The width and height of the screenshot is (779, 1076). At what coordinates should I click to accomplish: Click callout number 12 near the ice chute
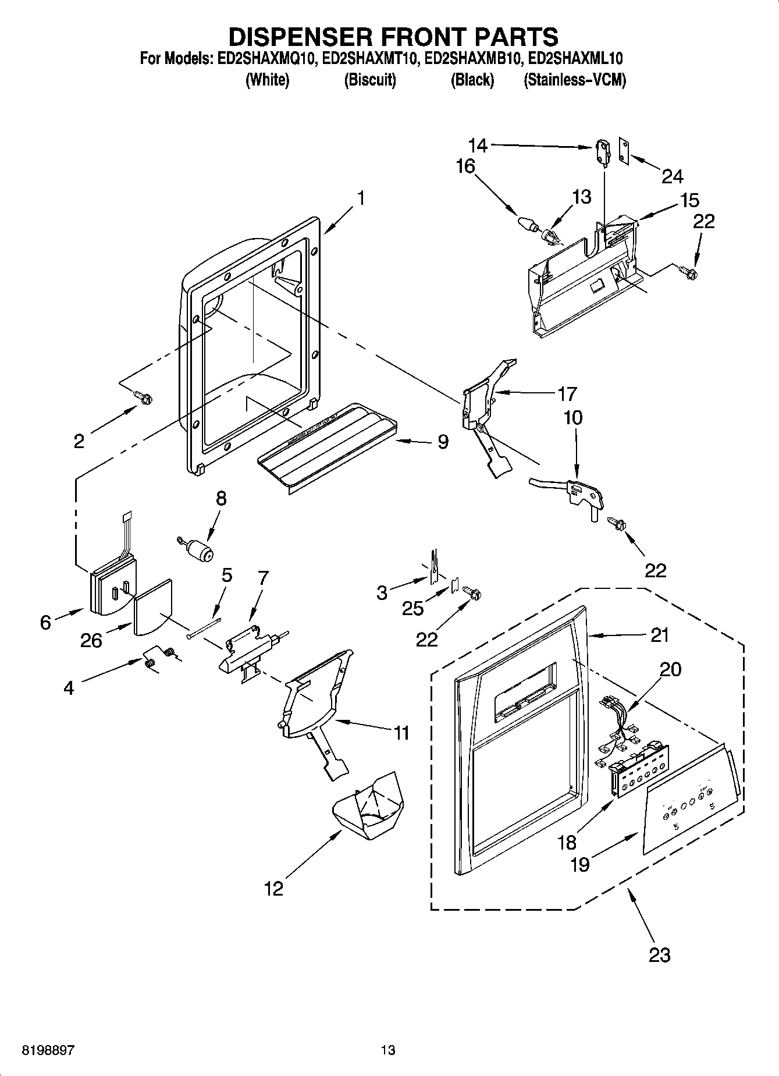point(273,888)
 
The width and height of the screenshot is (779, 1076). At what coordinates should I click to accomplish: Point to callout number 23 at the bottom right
point(659,954)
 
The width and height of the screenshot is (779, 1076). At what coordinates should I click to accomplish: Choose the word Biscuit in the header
point(370,80)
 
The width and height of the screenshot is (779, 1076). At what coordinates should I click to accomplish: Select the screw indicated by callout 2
point(144,397)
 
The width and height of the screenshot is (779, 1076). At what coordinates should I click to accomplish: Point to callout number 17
point(567,394)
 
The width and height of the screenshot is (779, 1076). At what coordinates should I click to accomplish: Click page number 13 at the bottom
point(388,1050)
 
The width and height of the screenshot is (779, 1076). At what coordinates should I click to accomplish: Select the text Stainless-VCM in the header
point(575,80)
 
